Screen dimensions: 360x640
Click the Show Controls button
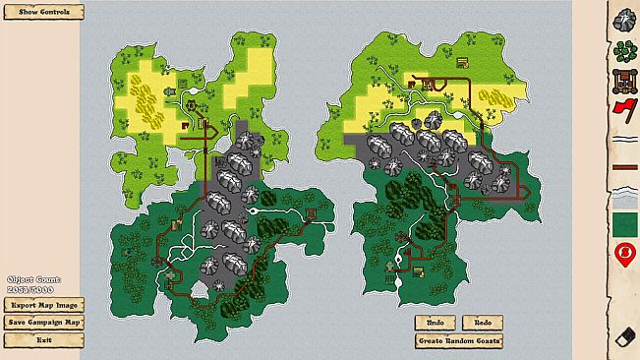(x=44, y=12)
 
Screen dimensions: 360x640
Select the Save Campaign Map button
(x=44, y=322)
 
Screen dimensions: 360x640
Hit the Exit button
(x=44, y=339)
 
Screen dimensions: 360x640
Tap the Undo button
(x=435, y=322)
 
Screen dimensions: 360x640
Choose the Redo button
(x=483, y=322)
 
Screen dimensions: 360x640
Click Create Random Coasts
(x=459, y=339)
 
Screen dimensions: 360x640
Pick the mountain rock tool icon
(x=622, y=19)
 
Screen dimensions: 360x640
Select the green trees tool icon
(x=622, y=49)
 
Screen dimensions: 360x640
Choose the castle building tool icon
(x=622, y=80)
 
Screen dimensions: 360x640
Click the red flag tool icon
(x=622, y=108)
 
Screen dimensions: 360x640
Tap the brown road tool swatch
(x=622, y=168)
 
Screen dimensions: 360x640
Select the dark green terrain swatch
(x=622, y=225)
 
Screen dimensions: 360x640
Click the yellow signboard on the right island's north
(x=462, y=64)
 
